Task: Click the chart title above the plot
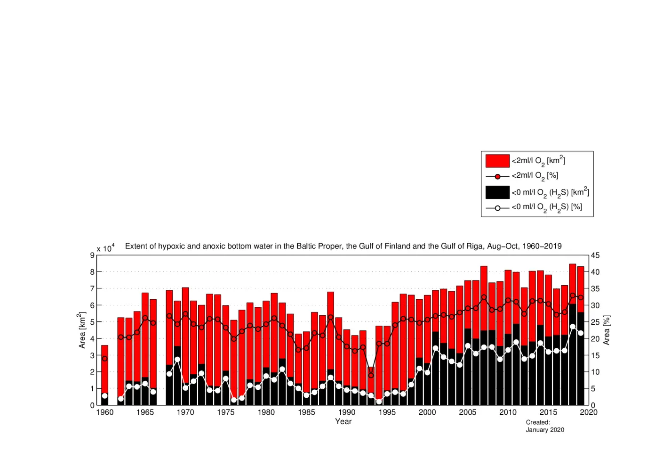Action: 343,246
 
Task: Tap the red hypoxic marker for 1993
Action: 371,375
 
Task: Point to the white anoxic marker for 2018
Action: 573,327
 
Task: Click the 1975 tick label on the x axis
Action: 225,412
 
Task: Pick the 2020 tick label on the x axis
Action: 589,412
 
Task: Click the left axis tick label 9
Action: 92,255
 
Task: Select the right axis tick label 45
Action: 595,255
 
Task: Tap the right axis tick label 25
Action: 595,322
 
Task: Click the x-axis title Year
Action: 343,421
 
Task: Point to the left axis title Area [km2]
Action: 82,330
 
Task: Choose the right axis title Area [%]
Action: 607,330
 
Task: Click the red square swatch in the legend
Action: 497,161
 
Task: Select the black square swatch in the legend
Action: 497,192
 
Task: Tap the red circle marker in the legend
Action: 497,176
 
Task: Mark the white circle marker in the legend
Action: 497,208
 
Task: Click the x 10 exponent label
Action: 105,248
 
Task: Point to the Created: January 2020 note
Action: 544,426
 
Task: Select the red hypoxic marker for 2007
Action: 484,297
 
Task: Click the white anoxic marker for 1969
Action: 177,360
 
